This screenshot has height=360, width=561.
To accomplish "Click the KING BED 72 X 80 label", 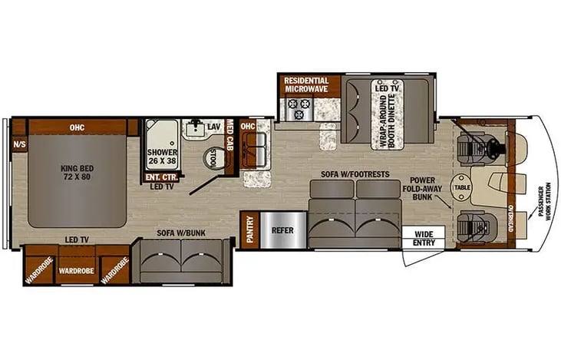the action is point(77,173).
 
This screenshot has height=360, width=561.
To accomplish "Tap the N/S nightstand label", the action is point(19,144).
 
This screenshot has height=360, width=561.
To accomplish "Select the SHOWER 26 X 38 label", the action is point(163,157).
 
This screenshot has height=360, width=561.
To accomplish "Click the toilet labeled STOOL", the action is point(214,157).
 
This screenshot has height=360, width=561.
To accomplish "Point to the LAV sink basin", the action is point(196,128).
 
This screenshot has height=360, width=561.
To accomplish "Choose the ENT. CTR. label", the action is point(161,177).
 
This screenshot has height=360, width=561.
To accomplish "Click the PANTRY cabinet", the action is point(250,230).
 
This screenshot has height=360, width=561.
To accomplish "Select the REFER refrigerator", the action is point(283,230).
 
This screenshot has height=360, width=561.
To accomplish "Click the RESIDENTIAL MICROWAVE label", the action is point(306,84).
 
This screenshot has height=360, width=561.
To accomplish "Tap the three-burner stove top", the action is point(299,109).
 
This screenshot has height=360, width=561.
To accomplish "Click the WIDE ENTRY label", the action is point(424,238).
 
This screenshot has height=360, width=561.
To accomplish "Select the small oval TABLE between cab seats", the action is point(462,187).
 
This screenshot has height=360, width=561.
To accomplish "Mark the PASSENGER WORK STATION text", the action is point(545,201).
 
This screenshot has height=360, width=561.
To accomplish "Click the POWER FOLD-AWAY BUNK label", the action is point(422,189).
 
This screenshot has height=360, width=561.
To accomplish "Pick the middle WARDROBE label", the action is point(77,271).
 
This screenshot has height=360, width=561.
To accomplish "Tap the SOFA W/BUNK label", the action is point(181,233).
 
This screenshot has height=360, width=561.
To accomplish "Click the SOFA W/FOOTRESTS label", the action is point(355,174).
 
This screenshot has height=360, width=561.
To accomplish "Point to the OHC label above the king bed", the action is point(77,127).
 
